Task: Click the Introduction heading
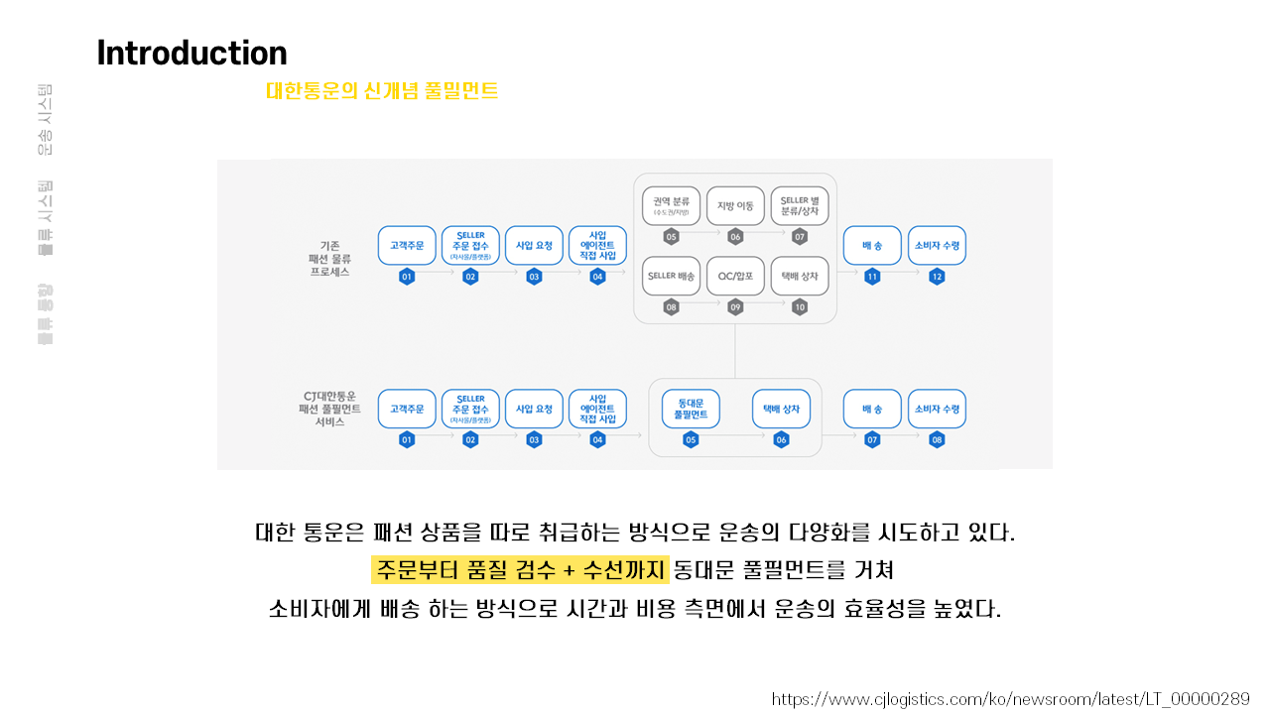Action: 191,53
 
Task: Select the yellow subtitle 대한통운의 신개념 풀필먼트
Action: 382,91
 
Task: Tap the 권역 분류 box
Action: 672,206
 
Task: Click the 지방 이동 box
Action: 735,206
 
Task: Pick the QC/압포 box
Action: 735,276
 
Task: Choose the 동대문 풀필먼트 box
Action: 691,409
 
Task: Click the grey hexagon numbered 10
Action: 800,307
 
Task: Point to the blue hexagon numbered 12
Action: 937,277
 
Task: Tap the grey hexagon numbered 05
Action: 672,237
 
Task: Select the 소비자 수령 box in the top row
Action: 937,245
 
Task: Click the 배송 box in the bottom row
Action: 872,409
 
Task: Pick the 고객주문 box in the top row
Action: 407,245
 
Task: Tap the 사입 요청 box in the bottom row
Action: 534,409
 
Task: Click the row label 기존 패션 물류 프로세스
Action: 328,258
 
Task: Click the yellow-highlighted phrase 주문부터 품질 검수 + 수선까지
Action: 521,570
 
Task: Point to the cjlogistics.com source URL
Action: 1010,699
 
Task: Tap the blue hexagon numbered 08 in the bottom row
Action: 937,440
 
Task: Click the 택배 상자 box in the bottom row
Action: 781,409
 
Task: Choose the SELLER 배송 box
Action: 672,276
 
